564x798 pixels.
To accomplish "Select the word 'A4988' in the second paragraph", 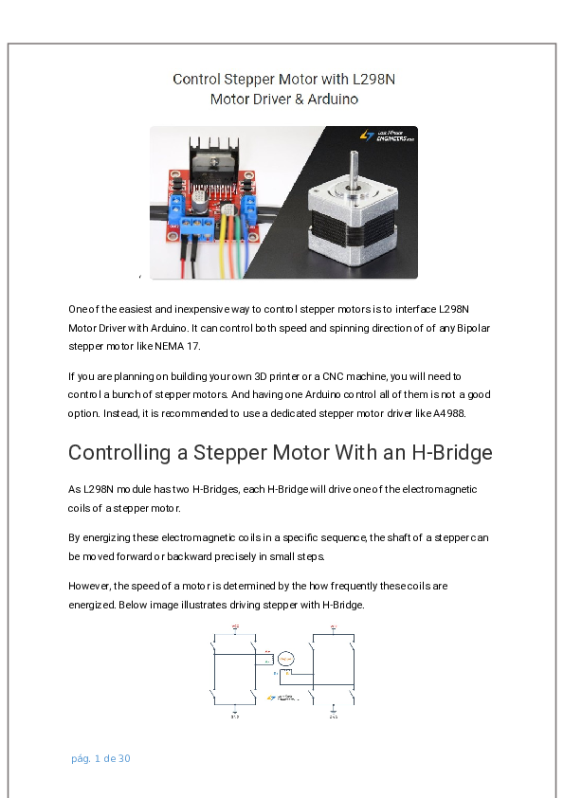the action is pos(478,413).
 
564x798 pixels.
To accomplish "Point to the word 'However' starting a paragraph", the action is pos(90,586).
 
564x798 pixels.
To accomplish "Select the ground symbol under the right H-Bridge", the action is pos(333,707).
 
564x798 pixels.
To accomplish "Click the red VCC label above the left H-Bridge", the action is pos(234,627).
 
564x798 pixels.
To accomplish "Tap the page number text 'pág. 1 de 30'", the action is pos(100,759).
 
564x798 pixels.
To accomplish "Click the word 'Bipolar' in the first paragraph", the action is pos(471,328).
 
